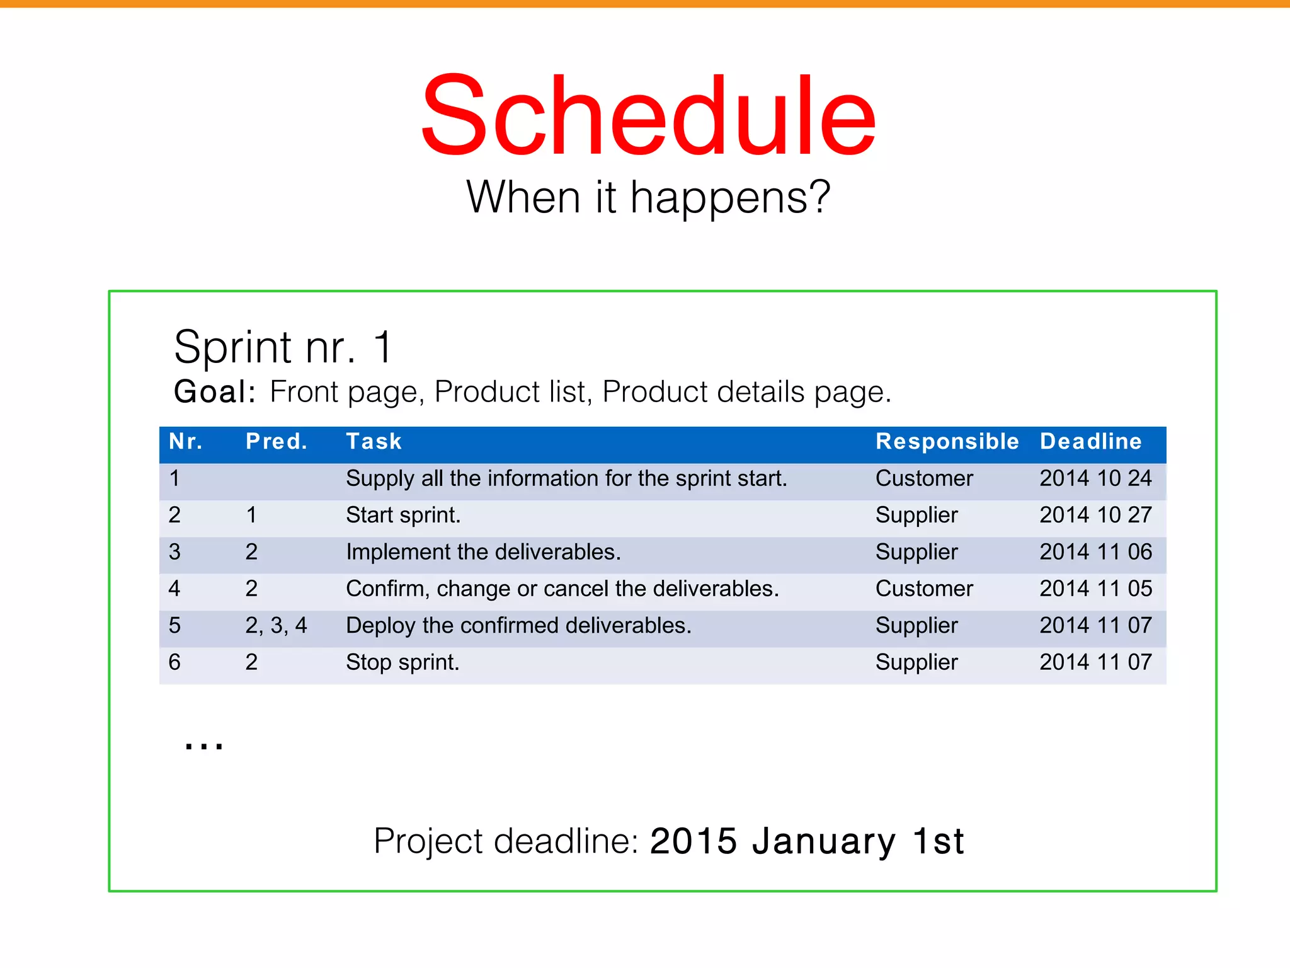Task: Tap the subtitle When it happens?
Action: coord(648,198)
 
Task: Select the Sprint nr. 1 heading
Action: coord(283,347)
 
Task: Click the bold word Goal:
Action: coord(215,392)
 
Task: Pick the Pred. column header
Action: coord(277,442)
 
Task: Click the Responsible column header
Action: coord(947,442)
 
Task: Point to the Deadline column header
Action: coord(1090,442)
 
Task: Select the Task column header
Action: coord(374,442)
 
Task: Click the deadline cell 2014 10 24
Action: coord(1095,478)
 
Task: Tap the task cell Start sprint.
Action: coord(403,516)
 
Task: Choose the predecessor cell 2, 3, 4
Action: coord(276,626)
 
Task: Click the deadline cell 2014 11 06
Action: coord(1095,552)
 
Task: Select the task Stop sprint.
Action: coord(402,662)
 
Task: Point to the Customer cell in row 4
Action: coord(924,589)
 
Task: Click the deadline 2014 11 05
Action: coord(1095,589)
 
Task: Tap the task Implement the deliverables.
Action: coord(483,552)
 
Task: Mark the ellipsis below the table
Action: coord(203,746)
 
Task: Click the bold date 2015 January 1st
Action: coord(807,841)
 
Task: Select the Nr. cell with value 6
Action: coord(174,662)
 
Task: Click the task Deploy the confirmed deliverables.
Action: coord(518,626)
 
